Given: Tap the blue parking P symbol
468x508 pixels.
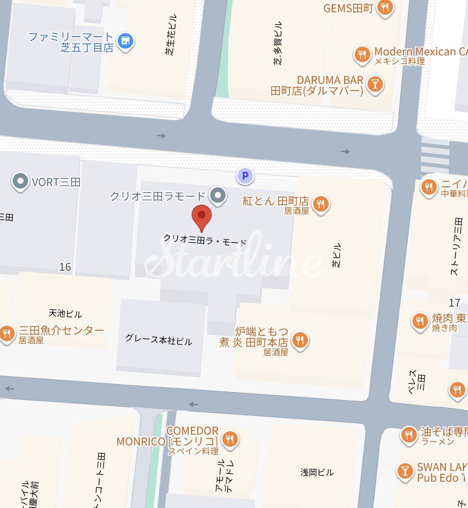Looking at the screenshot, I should coord(245,176).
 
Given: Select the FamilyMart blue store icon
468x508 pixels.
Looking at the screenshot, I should coord(125,41).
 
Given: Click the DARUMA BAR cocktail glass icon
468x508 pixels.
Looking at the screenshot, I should coord(375,84).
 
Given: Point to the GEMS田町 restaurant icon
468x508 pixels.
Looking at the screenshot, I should coord(385,7).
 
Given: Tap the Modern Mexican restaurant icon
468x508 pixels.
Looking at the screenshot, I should coord(362,55).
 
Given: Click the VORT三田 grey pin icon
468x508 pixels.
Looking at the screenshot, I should coord(20,181).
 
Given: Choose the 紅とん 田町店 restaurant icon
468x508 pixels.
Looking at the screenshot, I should coord(321,204).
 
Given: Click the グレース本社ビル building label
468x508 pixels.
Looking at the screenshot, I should coord(159,340).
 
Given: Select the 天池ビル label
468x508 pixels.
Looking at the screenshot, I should coord(65,313).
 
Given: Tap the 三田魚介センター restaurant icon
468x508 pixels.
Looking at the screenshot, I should coord(7,333).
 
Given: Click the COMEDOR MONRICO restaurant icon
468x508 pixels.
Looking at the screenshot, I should coord(229,439).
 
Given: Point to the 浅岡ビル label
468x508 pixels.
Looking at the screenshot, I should coord(317,472).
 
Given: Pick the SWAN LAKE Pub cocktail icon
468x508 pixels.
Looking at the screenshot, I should coord(404,471).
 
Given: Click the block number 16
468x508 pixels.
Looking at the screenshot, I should coord(65,267).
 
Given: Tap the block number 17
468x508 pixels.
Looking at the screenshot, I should coord(454,303).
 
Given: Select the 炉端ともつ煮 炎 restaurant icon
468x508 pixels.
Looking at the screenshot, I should coord(300,340).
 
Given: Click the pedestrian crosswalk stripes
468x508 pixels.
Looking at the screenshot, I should coord(435,156).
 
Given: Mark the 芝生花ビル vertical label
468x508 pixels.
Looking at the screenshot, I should coord(172,34).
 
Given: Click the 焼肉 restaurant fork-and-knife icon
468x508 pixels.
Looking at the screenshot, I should coord(420,321).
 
